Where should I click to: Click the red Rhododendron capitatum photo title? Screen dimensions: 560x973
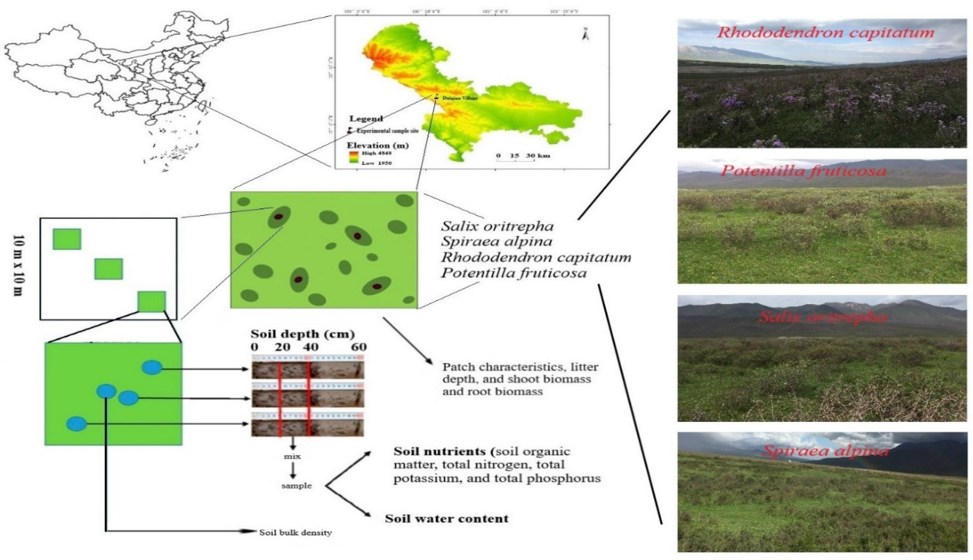[x=825, y=32]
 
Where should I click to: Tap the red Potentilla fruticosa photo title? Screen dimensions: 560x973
[x=803, y=171]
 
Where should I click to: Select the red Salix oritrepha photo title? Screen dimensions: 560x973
[x=823, y=317]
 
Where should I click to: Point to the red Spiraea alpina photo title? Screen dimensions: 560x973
[x=826, y=451]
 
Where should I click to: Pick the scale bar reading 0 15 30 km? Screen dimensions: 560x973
[x=523, y=156]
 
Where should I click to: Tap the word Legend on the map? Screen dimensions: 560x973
[x=366, y=119]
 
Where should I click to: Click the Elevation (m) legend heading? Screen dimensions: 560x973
[x=377, y=145]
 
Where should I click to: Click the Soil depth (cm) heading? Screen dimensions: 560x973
[x=302, y=334]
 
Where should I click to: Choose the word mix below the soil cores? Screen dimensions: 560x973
[x=292, y=456]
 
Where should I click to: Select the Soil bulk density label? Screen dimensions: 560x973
[x=295, y=533]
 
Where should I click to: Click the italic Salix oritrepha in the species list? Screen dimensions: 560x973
[x=497, y=226]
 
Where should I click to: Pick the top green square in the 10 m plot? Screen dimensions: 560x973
[x=67, y=239]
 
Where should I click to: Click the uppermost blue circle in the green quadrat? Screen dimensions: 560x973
[x=152, y=367]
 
